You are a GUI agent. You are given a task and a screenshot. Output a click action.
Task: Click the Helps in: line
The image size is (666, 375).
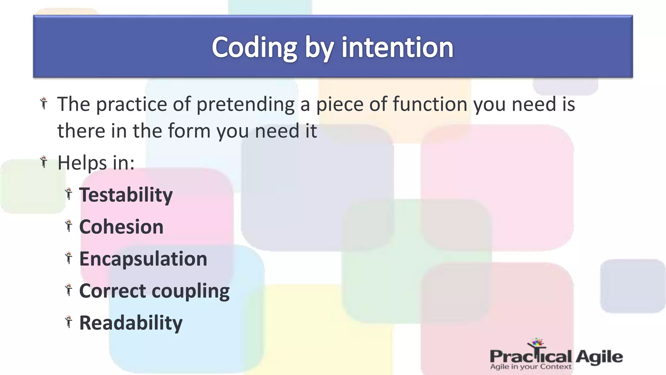tap(96, 163)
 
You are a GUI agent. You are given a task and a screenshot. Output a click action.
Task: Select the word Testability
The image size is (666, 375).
tap(126, 195)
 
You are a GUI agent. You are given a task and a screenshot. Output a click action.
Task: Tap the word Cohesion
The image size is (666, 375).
tap(121, 227)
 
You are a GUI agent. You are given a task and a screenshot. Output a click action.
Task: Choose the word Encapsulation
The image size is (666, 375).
tap(143, 259)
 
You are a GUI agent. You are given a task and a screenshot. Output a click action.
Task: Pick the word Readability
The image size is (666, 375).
tap(131, 323)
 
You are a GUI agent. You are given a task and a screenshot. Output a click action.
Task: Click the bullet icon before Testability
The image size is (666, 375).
tap(68, 194)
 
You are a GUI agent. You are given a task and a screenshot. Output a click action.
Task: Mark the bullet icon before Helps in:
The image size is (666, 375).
tap(44, 161)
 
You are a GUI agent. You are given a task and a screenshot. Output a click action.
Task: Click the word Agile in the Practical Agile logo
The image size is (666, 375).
tap(599, 357)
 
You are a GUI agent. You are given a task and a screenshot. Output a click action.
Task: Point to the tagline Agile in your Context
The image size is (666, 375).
tap(530, 367)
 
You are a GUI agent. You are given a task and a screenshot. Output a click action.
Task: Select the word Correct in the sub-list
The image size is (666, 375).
tap(112, 291)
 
